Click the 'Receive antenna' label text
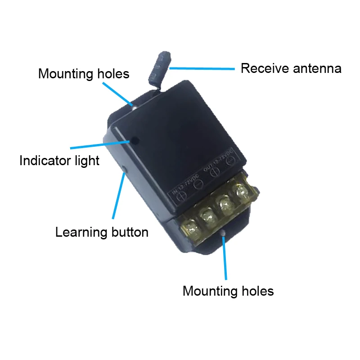pos(291,68)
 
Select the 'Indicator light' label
pos(59,161)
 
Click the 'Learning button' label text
pos(102,232)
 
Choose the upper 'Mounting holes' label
pos(84,73)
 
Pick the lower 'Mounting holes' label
pos(228,291)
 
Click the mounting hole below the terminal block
pos(223,233)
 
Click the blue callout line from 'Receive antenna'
pos(202,69)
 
